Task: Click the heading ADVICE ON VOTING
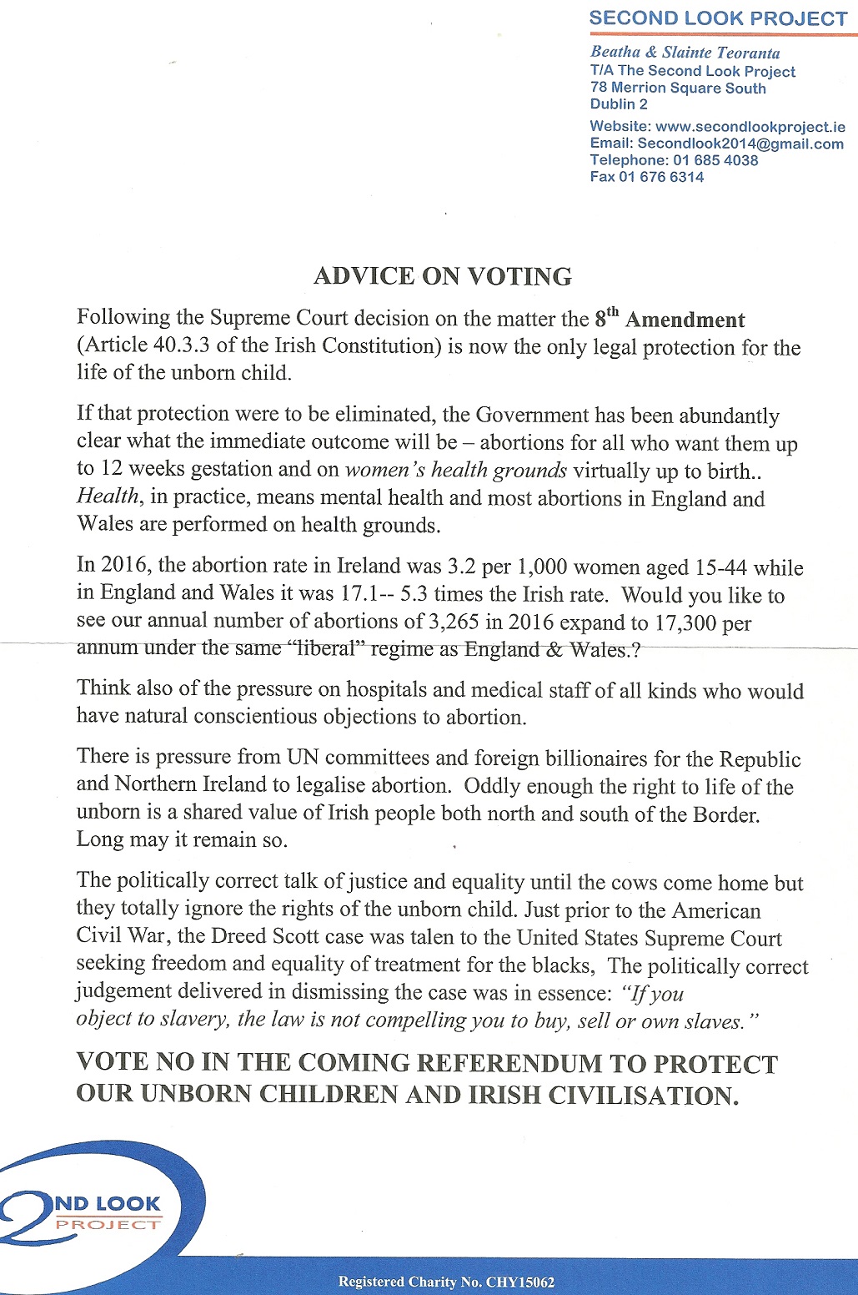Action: coord(443,276)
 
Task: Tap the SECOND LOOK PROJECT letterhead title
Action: coord(718,18)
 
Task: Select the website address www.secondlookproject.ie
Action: coord(750,127)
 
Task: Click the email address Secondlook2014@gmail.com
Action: coord(740,144)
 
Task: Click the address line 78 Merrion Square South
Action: coord(678,88)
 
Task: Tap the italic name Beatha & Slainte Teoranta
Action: coord(685,53)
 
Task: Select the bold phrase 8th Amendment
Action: coord(670,319)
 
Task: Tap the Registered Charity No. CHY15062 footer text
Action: coord(446,1282)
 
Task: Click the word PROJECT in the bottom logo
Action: coord(108,1224)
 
